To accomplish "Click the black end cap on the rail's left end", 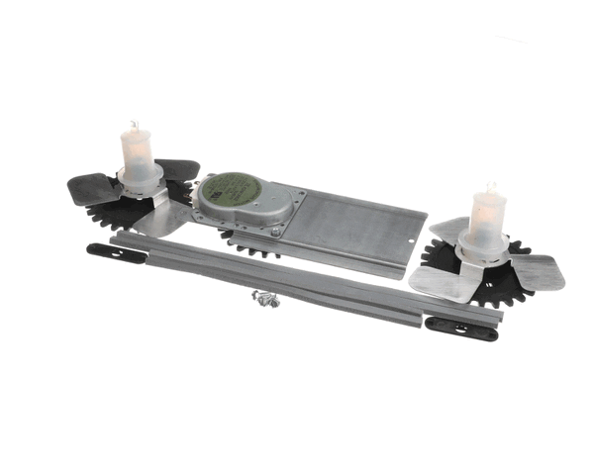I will (x=115, y=254).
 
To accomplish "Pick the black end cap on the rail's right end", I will (x=462, y=327).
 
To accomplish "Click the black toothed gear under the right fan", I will (x=495, y=290).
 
